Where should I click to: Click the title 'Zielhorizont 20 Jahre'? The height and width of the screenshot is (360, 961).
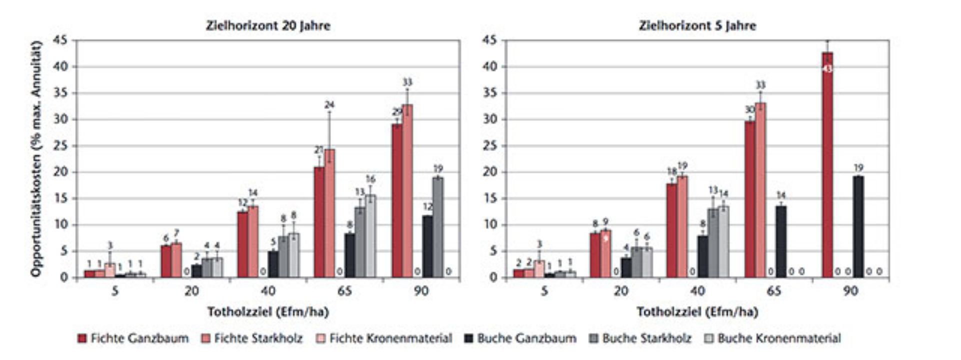[x=268, y=26]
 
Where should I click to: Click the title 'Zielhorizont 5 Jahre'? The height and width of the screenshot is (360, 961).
[x=697, y=26]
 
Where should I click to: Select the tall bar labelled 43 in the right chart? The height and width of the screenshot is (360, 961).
[x=827, y=165]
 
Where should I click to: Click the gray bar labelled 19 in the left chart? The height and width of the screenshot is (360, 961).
[x=438, y=227]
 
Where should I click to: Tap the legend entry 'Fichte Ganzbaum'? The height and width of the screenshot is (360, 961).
[x=133, y=338]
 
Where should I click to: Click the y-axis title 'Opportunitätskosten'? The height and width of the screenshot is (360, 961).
[x=35, y=159]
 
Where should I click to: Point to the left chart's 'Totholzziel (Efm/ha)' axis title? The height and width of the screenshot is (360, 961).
[x=268, y=312]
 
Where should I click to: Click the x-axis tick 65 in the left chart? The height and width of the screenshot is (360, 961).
[x=344, y=291]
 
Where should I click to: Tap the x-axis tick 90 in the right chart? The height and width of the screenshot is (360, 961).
[x=850, y=291]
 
